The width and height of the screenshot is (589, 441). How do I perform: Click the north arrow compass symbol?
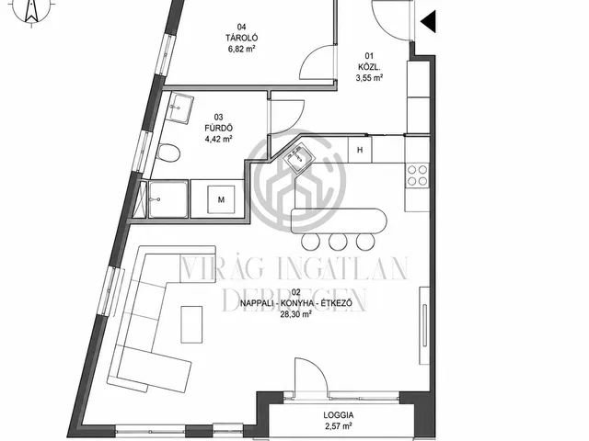pos(31,10)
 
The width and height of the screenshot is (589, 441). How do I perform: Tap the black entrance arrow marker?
pos(428,21)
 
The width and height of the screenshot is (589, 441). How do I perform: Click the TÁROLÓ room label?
pos(241,38)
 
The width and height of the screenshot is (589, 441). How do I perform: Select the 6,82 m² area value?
pos(241,49)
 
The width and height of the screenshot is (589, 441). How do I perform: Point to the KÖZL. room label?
pos(369,67)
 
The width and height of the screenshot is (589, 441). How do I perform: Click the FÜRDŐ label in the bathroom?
pos(218,129)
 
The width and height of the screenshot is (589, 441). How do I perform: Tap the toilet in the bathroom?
pos(168,153)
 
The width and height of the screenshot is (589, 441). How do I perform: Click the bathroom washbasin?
pos(180,108)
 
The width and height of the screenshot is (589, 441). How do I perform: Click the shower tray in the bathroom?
pos(167,199)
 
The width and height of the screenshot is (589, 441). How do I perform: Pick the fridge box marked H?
pos(360,150)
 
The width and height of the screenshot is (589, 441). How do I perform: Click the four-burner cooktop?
pos(417,175)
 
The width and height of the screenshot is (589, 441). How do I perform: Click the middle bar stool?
pos(338,242)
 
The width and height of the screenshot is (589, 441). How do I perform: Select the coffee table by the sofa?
pos(191,324)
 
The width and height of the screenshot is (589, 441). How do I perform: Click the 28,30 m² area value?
pos(295,314)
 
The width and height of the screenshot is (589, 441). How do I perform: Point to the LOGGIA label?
pos(338,415)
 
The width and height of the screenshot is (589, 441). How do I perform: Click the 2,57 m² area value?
pos(338,426)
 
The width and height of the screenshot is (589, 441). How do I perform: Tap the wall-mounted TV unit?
pos(424,325)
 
